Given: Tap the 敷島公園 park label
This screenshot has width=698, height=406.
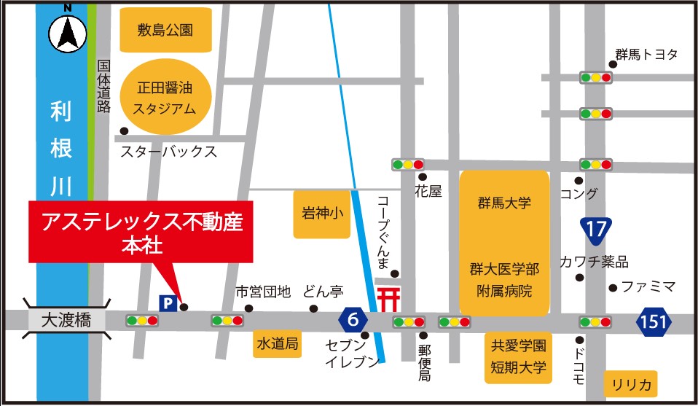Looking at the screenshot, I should point(165,30).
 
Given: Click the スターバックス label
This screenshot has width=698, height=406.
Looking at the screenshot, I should point(168,152).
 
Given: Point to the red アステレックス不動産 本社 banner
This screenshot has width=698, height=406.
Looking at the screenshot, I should point(141,231).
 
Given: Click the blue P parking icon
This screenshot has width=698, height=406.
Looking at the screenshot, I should point(168,302).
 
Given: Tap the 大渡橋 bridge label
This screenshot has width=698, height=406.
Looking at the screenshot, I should point(66,320).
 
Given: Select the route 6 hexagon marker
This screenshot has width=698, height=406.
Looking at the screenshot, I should point(353,319).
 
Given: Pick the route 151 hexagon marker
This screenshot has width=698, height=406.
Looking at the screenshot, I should point(658,320).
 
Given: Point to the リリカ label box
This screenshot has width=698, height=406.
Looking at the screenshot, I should point(630,383).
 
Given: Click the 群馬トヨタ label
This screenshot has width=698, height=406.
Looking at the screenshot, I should point(646,55).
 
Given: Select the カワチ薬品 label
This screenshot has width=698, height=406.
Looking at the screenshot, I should point(594,262).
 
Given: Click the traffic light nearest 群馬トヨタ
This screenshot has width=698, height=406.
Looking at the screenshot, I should point(596,77).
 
